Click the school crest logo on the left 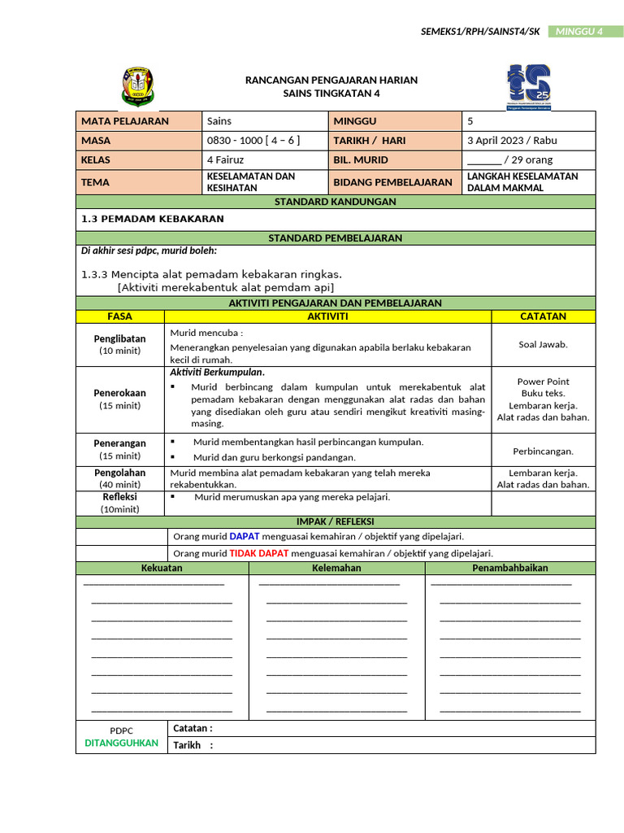pyautogui.click(x=138, y=86)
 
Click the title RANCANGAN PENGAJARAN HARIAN pyautogui.click(x=331, y=80)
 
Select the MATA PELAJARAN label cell pyautogui.click(x=138, y=121)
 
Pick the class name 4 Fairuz pyautogui.click(x=226, y=159)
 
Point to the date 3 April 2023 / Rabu pyautogui.click(x=512, y=140)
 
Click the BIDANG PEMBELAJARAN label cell pyautogui.click(x=392, y=182)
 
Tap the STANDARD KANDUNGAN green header pyautogui.click(x=335, y=202)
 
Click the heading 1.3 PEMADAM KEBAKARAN pyautogui.click(x=153, y=219)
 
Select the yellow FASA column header pyautogui.click(x=119, y=316)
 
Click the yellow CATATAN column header pyautogui.click(x=543, y=316)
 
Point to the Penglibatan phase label pyautogui.click(x=119, y=338)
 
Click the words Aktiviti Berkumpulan pyautogui.click(x=217, y=373)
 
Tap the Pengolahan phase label pyautogui.click(x=119, y=472)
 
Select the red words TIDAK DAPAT pyautogui.click(x=259, y=553)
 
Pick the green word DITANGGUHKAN pyautogui.click(x=121, y=744)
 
